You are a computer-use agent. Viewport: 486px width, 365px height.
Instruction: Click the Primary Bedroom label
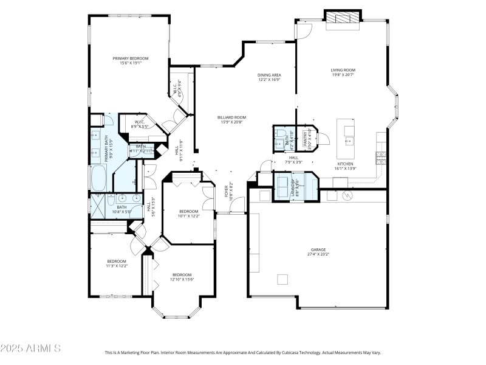130,58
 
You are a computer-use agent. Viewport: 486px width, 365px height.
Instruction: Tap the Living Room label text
343,70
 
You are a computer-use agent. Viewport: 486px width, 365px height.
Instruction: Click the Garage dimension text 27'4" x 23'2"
318,254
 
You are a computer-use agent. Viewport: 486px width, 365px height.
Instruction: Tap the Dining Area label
269,75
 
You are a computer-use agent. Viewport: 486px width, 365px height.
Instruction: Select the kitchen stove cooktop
381,158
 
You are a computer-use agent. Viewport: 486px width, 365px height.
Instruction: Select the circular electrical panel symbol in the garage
347,195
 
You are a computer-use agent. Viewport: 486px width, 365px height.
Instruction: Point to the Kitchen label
345,165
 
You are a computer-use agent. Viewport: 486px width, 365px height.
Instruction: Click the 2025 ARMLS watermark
30,349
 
